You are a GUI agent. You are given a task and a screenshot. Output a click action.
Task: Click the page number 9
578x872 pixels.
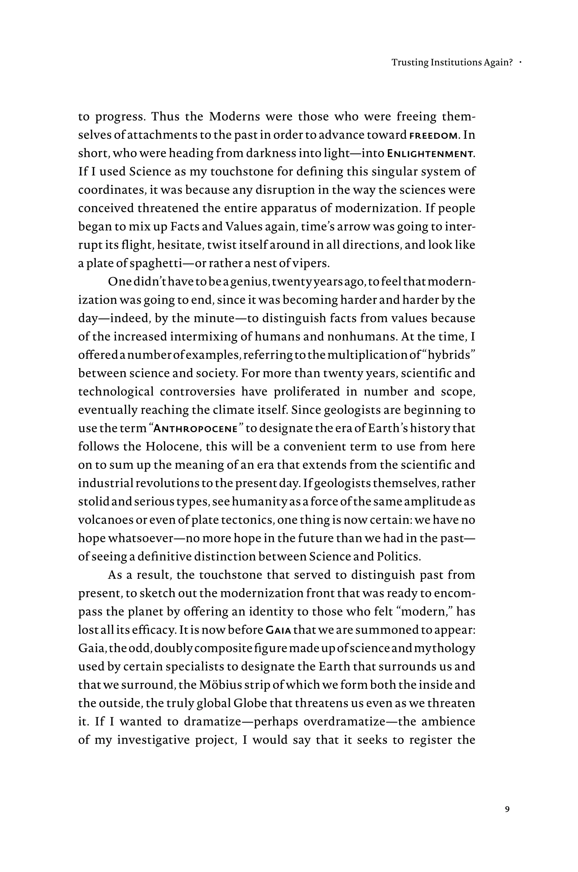tap(507, 809)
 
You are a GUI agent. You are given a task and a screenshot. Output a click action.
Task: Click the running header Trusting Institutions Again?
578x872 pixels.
tap(452, 63)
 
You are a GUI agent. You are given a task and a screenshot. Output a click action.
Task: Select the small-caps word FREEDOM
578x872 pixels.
tap(433, 136)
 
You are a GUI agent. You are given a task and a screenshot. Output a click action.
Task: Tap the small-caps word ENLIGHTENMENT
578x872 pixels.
tap(430, 154)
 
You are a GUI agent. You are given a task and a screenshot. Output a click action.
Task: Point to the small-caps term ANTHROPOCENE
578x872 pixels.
tap(195, 429)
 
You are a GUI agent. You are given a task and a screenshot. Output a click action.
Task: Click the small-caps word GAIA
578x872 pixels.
tap(279, 630)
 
